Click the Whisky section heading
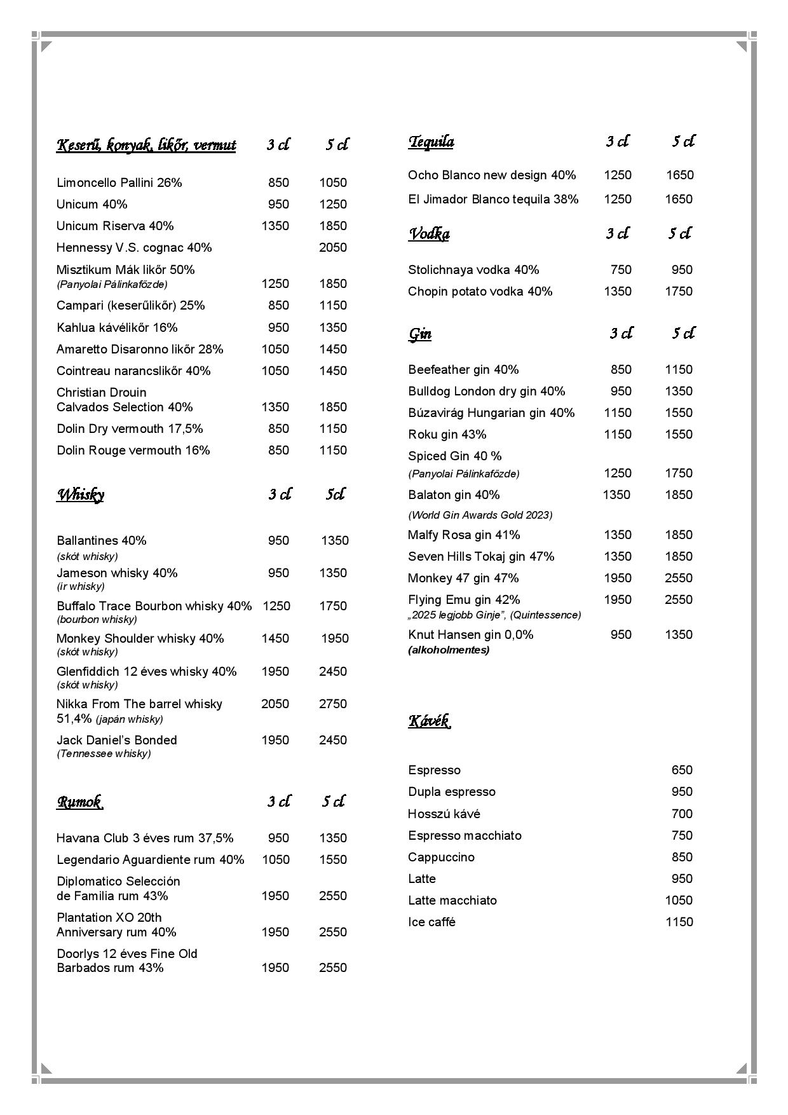click(x=81, y=495)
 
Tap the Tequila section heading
click(x=431, y=141)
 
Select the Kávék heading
click(x=429, y=721)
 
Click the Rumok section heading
click(x=80, y=802)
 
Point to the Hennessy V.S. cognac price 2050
click(x=332, y=247)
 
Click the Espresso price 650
click(x=681, y=770)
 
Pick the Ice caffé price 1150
click(x=679, y=922)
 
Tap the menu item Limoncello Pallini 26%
click(x=119, y=182)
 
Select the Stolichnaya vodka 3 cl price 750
click(x=620, y=270)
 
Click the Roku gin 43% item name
click(x=447, y=434)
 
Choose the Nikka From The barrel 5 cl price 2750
click(x=332, y=704)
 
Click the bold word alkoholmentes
click(x=449, y=650)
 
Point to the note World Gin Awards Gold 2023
click(x=480, y=515)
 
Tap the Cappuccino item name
click(x=441, y=857)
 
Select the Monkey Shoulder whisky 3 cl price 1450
click(x=275, y=638)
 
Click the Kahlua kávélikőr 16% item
click(x=117, y=327)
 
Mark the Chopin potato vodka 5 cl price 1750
click(x=678, y=291)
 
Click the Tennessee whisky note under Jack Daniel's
click(x=104, y=754)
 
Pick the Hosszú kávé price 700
click(x=681, y=814)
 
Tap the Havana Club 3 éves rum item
click(x=145, y=838)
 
